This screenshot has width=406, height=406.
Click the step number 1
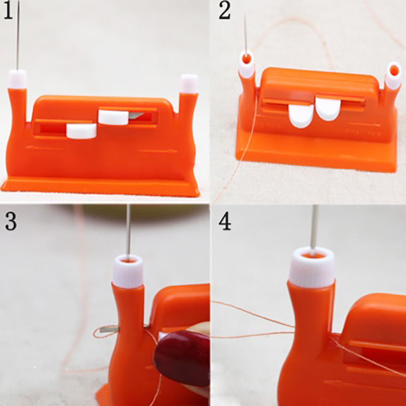[x=8, y=10]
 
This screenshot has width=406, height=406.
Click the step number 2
[x=224, y=11]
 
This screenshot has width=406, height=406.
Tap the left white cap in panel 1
[x=17, y=79]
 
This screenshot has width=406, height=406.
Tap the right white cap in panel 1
[x=189, y=84]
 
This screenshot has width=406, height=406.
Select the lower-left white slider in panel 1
[x=81, y=131]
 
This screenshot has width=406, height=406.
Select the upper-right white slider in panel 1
[x=113, y=118]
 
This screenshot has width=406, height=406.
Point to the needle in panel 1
[x=18, y=35]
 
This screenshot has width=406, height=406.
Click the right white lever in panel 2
[x=328, y=109]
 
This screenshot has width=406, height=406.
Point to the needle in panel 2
[x=245, y=36]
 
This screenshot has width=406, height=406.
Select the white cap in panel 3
[x=128, y=272]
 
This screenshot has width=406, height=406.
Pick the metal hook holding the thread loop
[x=109, y=329]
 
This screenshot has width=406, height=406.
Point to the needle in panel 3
[x=128, y=232]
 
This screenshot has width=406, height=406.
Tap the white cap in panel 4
[x=312, y=268]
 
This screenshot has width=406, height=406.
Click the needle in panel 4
[x=314, y=230]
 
